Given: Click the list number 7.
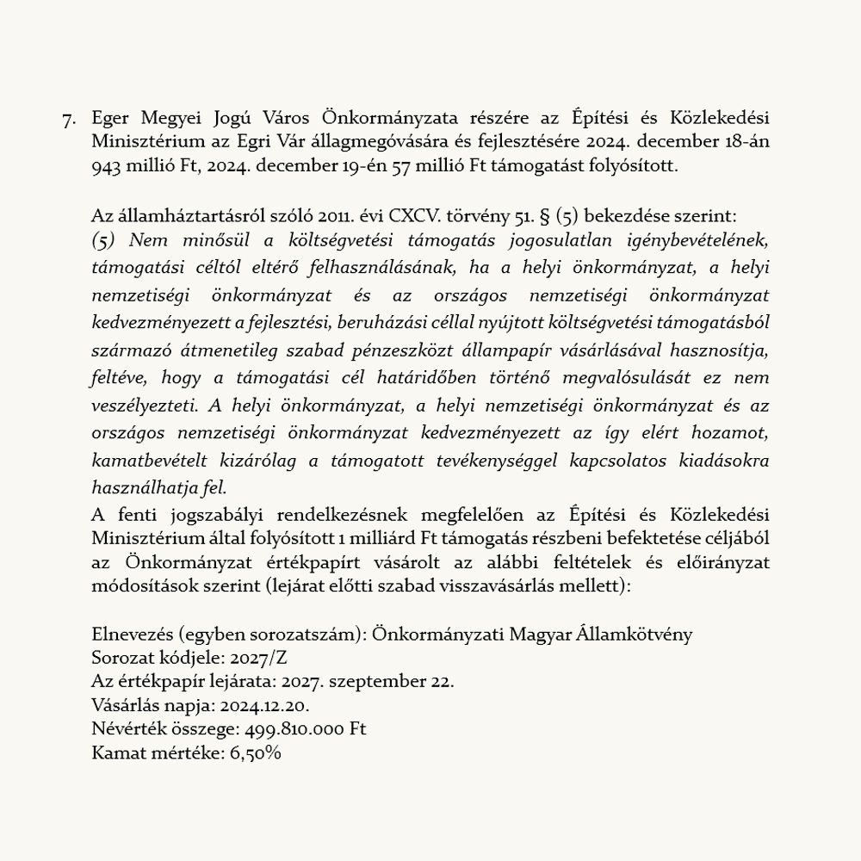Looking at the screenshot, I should point(69,119).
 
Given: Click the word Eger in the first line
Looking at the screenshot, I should point(110,118).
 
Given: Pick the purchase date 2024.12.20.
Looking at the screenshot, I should point(264,706).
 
